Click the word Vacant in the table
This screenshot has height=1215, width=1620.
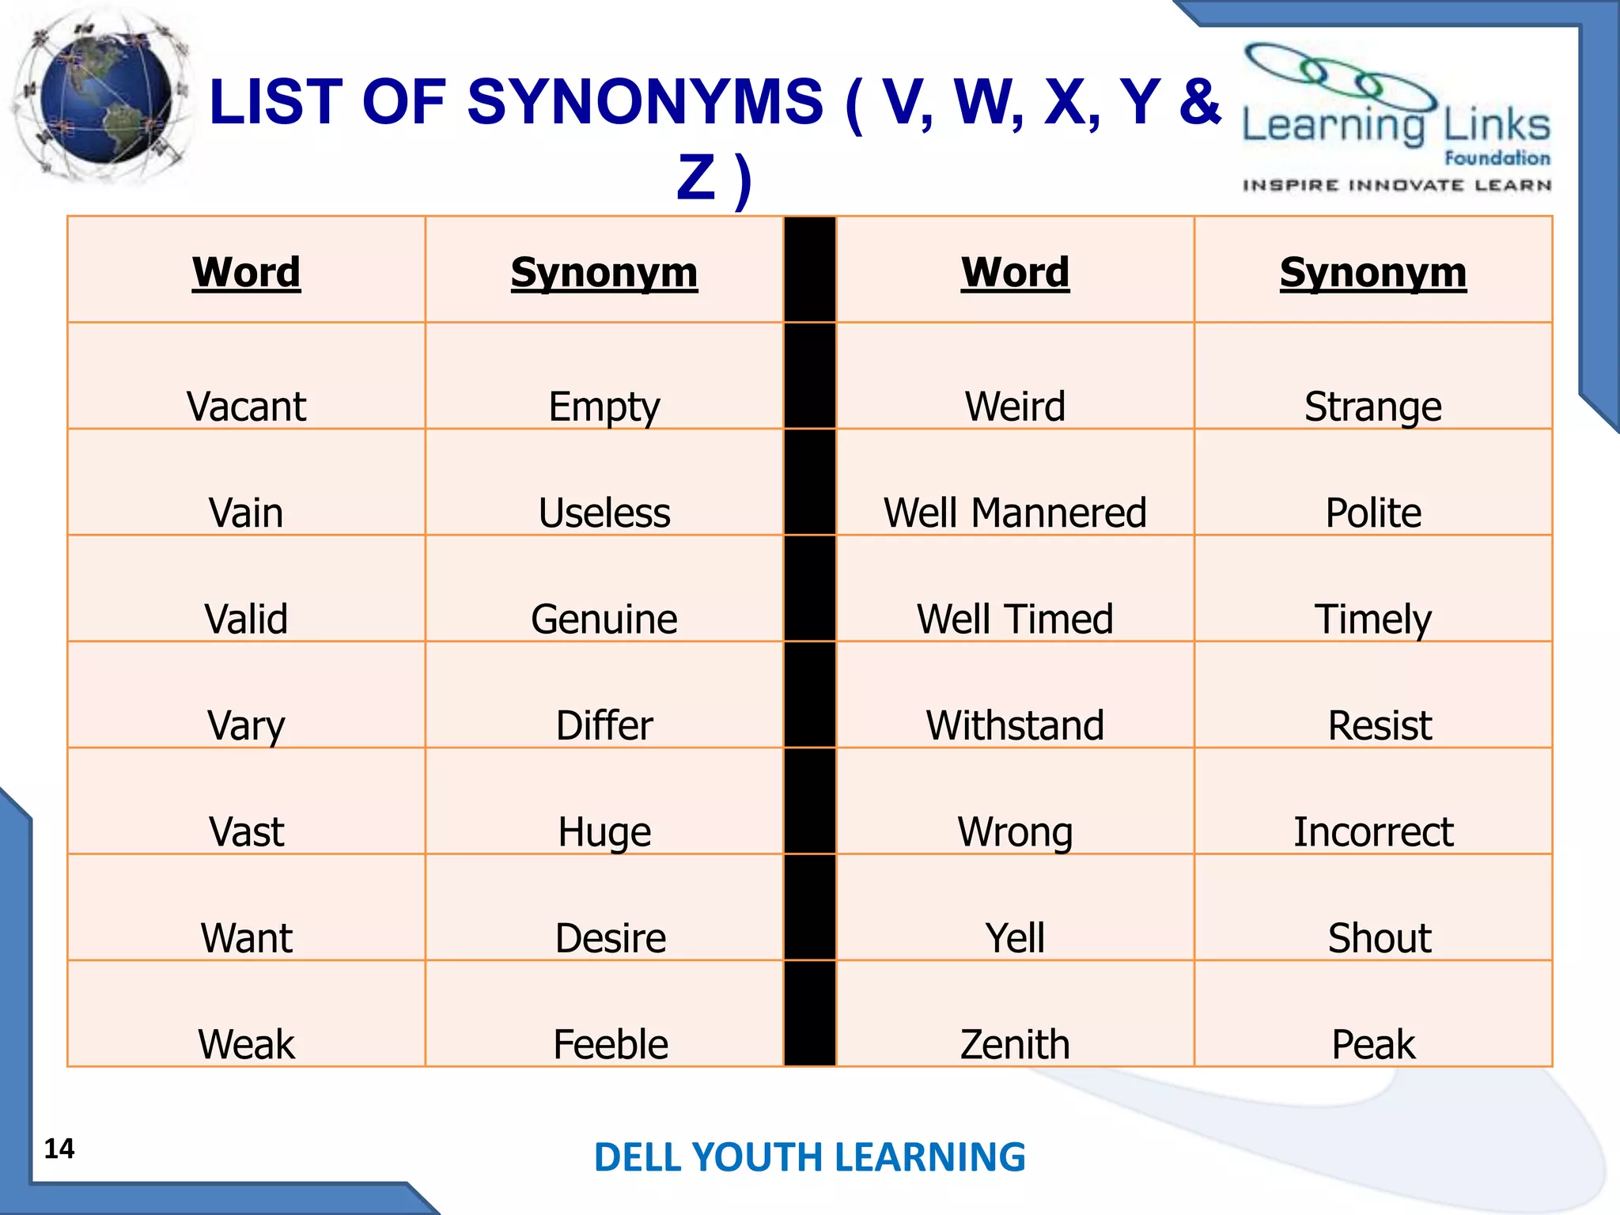246,407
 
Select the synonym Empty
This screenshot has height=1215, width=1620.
604,407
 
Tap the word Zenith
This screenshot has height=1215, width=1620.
1015,1044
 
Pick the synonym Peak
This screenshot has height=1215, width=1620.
1373,1044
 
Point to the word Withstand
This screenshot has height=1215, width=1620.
1015,725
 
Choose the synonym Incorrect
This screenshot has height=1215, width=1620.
1373,831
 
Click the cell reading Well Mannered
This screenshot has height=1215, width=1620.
1015,513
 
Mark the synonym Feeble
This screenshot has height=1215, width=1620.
610,1044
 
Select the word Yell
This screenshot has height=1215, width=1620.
1015,938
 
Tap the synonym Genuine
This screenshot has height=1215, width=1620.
604,619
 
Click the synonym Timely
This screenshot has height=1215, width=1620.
1373,619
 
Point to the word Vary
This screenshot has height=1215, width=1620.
246,725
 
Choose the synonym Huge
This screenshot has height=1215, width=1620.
604,831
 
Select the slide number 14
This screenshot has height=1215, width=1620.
59,1149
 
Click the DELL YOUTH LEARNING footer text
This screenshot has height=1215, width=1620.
809,1157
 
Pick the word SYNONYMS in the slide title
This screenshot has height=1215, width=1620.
645,103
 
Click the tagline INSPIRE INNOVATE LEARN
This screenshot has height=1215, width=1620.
1396,186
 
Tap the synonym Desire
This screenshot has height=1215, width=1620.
610,938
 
